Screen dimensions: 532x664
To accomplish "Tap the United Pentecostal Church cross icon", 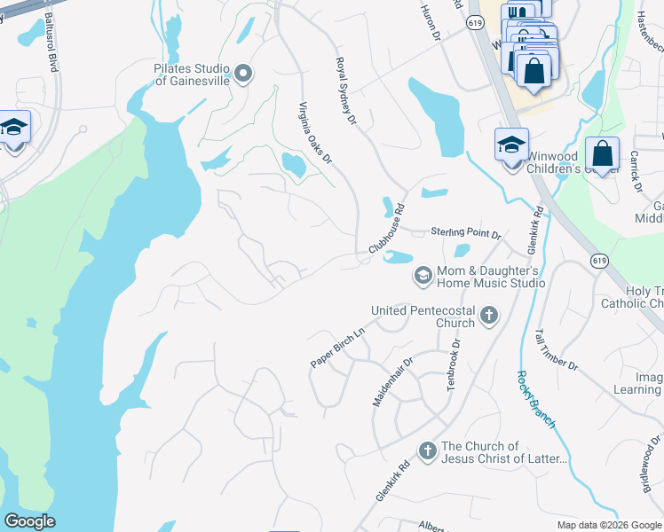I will [487, 315].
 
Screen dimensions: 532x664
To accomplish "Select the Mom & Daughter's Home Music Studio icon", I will [423, 276].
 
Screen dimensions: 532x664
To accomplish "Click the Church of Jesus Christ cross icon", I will [427, 451].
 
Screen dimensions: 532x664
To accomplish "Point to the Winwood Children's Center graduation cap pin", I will [511, 145].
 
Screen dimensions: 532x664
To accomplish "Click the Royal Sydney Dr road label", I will [345, 91].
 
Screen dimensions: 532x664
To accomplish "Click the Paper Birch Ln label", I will [337, 348].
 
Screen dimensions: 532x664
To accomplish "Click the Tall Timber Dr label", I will [556, 350].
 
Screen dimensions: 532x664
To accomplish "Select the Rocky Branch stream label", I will [535, 399].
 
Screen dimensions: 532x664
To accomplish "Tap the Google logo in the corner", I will [28, 521].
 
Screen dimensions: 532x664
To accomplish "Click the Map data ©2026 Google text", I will [608, 525].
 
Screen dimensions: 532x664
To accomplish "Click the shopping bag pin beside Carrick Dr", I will [602, 154].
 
